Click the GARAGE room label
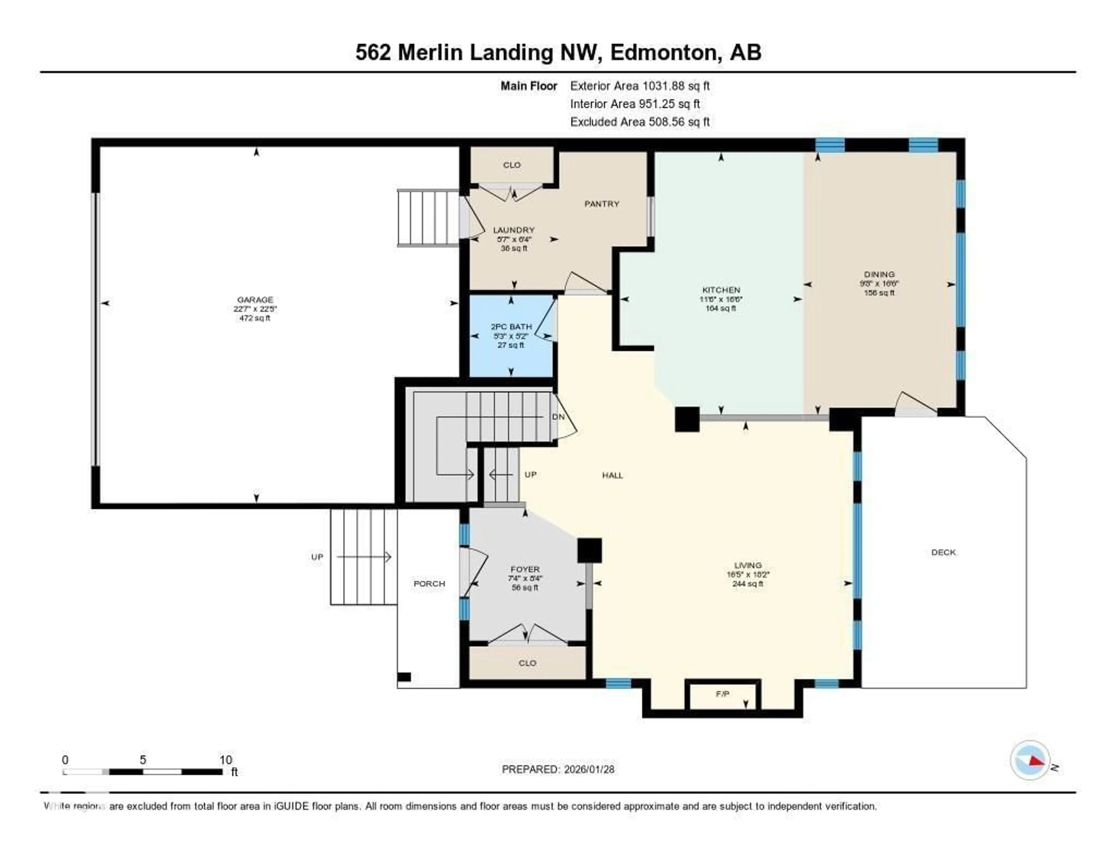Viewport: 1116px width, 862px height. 255,299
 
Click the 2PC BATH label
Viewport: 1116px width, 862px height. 511,326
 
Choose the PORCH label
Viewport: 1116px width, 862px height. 429,584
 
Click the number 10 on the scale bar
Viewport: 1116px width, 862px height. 225,760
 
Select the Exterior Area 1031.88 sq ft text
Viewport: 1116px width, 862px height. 639,86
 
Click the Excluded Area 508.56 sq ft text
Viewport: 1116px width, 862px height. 639,121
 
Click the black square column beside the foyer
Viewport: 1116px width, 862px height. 589,550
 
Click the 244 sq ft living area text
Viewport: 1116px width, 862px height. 747,584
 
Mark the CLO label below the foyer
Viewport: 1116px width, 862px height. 527,663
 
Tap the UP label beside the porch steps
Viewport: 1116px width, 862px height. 317,557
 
